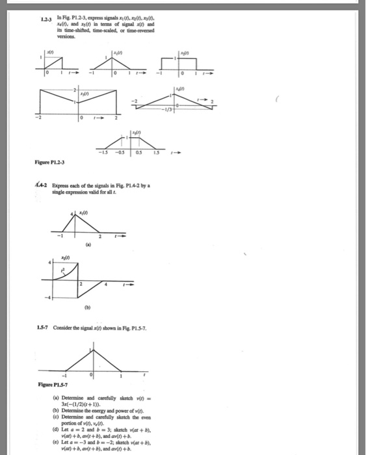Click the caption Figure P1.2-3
point(56,171)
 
